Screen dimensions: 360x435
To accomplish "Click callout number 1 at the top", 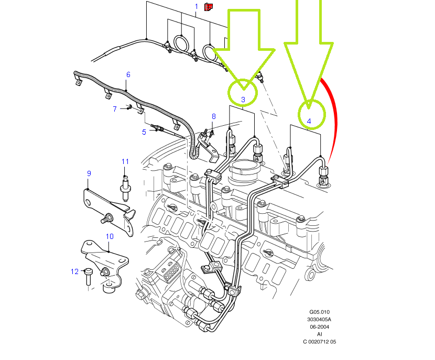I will (197, 6).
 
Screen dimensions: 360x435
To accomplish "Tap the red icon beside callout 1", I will (209, 6).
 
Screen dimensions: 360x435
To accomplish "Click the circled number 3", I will (243, 99).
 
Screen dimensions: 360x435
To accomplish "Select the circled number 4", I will (309, 121).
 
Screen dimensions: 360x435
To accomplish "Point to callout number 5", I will (144, 132).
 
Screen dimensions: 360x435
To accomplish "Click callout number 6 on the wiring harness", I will (128, 75).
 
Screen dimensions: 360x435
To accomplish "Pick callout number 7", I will (115, 109).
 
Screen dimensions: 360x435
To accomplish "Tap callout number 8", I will (213, 116).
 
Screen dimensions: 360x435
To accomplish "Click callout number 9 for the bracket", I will (89, 173).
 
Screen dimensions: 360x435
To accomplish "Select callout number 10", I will (110, 236).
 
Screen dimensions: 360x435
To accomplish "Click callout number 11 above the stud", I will (125, 161).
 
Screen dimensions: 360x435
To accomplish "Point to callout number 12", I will (74, 271).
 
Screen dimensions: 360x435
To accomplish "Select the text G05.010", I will (319, 312).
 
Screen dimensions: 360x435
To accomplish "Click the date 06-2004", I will (319, 326).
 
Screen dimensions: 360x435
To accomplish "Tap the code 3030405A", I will (319, 319).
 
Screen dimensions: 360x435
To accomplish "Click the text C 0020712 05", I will (319, 341).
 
